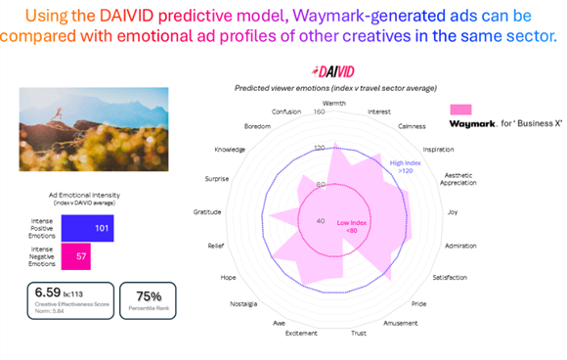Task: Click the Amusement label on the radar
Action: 405,321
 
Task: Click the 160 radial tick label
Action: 320,112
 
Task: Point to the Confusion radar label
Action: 285,112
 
